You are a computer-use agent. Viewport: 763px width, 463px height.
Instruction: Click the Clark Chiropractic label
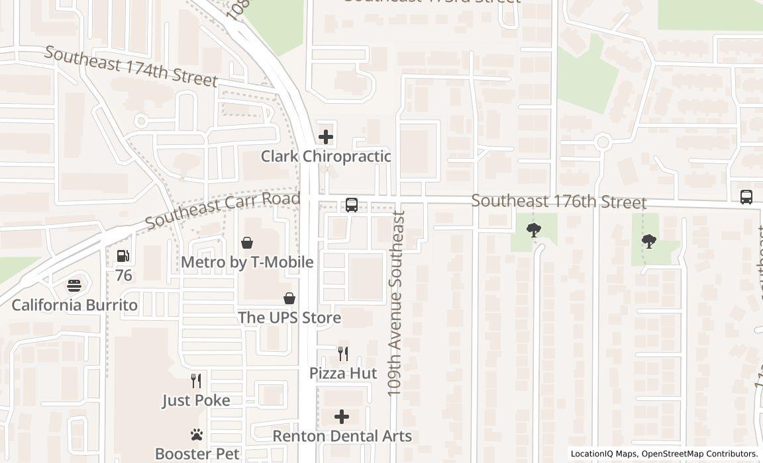coord(325,157)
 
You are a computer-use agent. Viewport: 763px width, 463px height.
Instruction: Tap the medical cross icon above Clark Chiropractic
coord(325,137)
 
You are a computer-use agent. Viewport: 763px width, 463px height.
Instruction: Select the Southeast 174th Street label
coord(130,66)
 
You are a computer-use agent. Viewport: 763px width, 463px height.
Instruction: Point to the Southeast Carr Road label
coord(222,210)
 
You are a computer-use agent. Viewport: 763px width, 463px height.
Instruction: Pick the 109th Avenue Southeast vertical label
coord(396,303)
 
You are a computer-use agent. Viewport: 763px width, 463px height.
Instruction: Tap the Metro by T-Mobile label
coord(247,262)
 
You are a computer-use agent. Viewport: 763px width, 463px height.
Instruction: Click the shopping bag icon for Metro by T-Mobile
coord(247,243)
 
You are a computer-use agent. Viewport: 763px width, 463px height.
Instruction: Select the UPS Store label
coord(289,317)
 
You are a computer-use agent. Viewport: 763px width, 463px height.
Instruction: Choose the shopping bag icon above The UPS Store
coord(289,298)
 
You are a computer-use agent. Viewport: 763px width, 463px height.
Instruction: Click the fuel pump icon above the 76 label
coord(123,256)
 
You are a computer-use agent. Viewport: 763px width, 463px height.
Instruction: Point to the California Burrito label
coord(75,305)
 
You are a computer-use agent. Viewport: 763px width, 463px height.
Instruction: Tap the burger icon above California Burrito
coord(74,286)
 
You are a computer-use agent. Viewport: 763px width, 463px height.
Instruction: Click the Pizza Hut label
coord(343,373)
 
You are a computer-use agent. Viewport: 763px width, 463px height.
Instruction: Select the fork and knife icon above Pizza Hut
coord(343,354)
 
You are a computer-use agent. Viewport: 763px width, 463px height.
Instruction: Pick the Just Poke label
coord(196,400)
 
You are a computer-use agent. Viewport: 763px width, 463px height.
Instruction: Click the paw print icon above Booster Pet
coord(196,435)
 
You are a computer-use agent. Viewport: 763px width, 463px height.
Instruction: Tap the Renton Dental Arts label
coord(342,436)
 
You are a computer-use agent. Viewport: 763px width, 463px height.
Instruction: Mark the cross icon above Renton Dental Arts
coord(342,417)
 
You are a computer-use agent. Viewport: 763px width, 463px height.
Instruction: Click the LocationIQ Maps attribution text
coord(603,454)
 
